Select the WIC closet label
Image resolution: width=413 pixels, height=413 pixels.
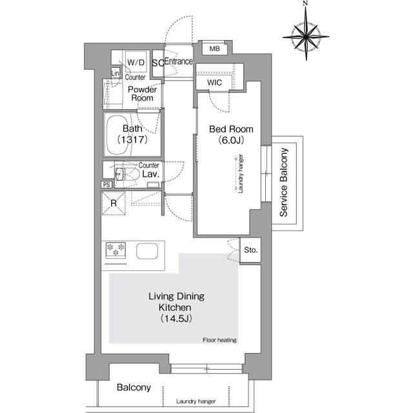(x=216, y=83)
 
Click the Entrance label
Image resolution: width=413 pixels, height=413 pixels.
(x=179, y=62)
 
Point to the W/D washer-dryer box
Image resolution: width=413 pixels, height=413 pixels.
(x=136, y=62)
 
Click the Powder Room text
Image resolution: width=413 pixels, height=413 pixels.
(x=142, y=94)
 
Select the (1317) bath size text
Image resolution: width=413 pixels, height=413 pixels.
(x=131, y=139)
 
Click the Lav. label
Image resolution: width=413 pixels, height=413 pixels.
(x=150, y=174)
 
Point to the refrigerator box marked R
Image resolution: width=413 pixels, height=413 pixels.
(x=114, y=205)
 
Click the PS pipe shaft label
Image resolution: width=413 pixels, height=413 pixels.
(x=106, y=185)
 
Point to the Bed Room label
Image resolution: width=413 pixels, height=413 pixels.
(x=231, y=129)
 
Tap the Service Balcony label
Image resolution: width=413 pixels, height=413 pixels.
(x=284, y=183)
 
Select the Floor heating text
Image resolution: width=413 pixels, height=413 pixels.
(x=219, y=339)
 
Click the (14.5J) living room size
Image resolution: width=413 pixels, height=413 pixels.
(x=176, y=319)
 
